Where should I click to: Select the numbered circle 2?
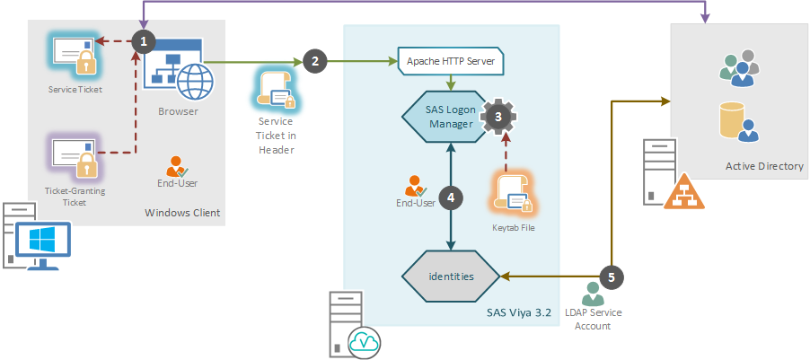tap(313, 62)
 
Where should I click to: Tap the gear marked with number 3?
tap(500, 116)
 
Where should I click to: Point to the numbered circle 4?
tap(451, 198)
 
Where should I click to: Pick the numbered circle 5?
tap(612, 276)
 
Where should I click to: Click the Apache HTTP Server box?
tap(451, 63)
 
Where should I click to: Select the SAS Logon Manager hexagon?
tap(450, 117)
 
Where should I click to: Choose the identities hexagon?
tap(450, 276)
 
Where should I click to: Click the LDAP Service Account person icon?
tap(593, 293)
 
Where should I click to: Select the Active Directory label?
tap(764, 167)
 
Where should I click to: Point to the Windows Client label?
tap(182, 213)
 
